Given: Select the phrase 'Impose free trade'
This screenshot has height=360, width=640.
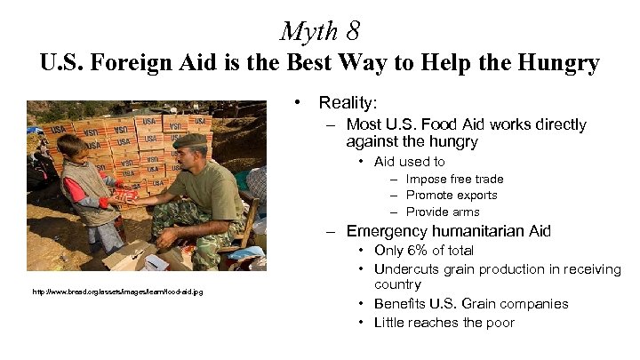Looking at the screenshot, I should (454, 179).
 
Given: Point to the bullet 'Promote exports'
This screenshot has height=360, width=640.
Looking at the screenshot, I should (452, 195).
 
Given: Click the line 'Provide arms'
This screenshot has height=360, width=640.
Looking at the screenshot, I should (442, 212).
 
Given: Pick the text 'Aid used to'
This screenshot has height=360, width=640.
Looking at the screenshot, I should (410, 162).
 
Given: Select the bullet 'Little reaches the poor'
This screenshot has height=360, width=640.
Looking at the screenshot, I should (444, 323).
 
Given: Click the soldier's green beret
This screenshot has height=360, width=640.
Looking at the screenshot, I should (189, 140).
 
